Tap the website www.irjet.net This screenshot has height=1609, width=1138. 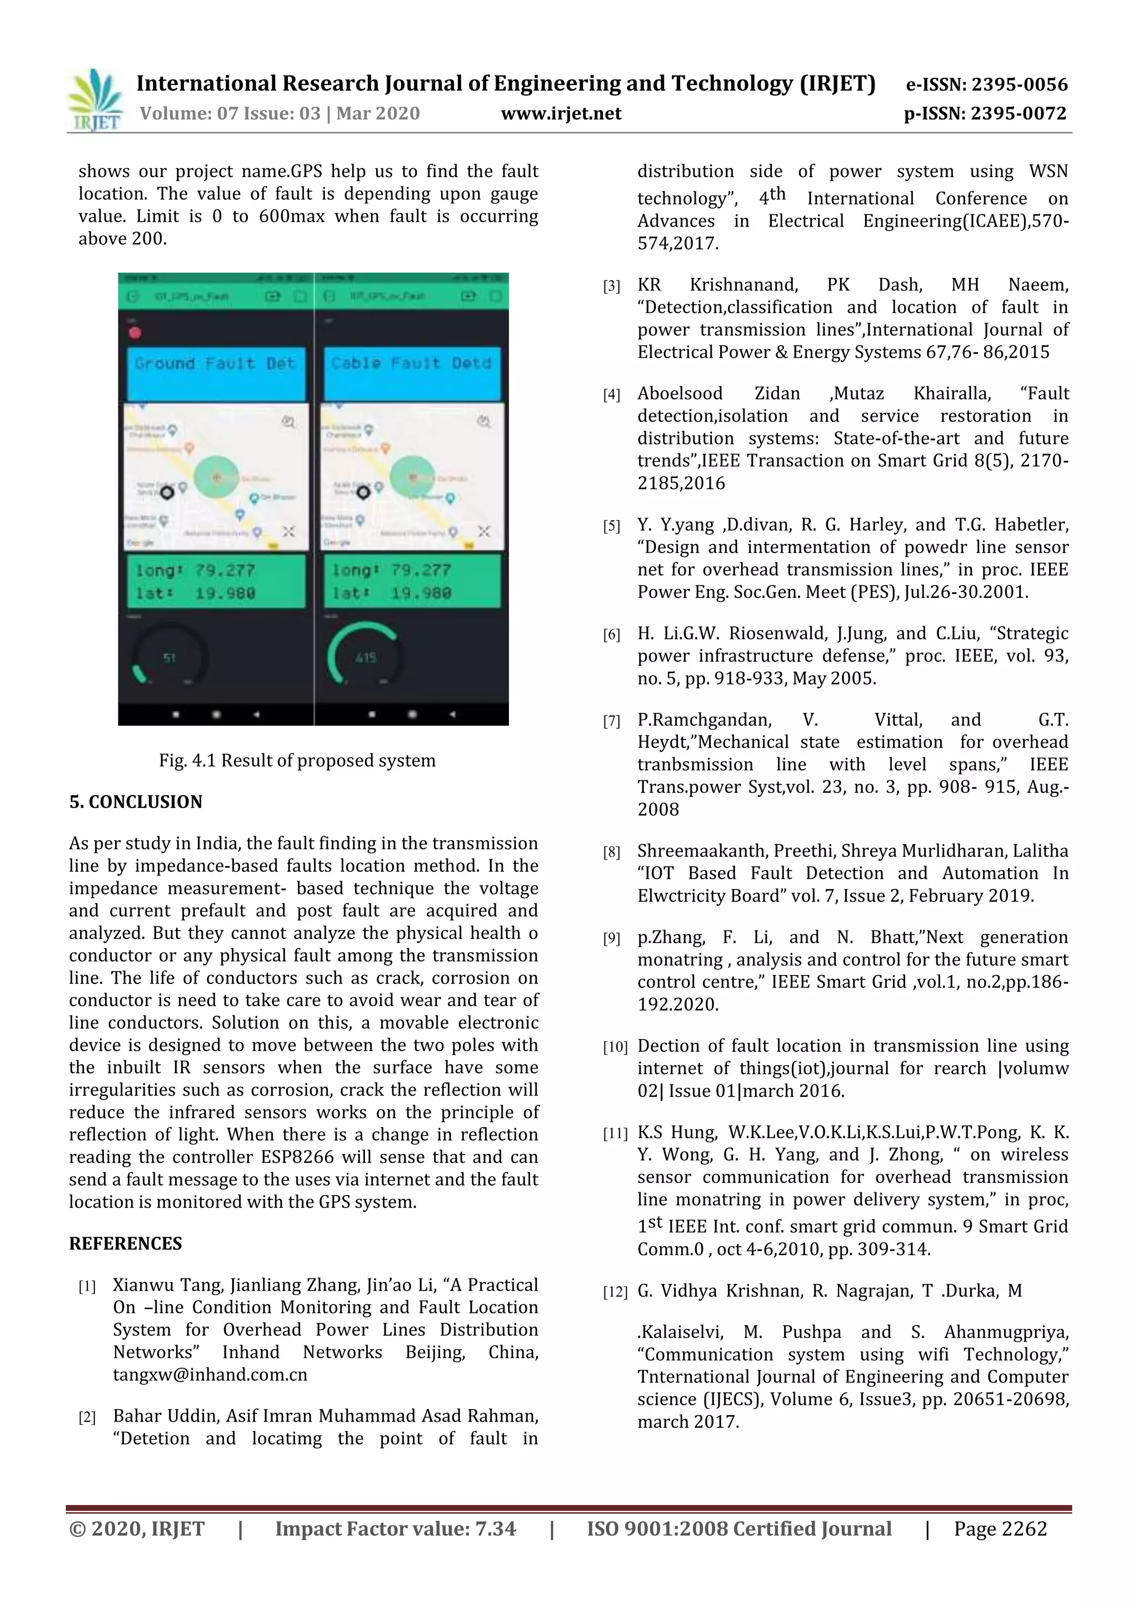click(x=561, y=113)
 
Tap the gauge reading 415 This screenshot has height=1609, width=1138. click(x=365, y=657)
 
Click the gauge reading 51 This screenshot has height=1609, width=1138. click(x=169, y=657)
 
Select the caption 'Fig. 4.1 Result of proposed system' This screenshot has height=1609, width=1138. click(x=297, y=761)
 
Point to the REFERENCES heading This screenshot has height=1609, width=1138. click(x=126, y=1243)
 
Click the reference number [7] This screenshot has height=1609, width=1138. click(x=612, y=721)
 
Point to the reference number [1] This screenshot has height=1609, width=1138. click(x=87, y=1287)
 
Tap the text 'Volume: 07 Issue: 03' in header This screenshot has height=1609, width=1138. click(x=231, y=113)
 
